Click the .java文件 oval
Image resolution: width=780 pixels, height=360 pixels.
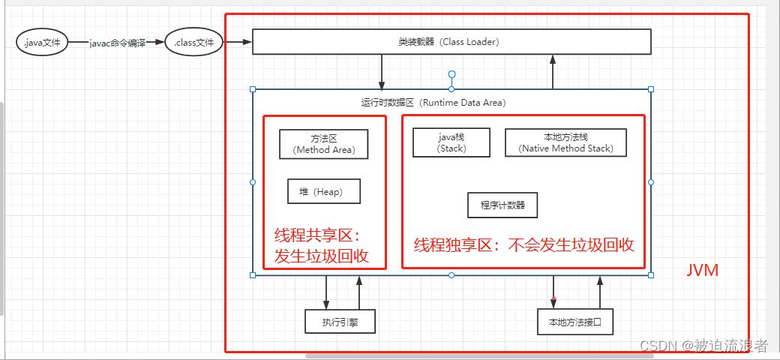tap(42, 43)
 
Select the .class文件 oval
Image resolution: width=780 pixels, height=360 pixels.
tap(193, 43)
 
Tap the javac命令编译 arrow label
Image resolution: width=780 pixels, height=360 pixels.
tap(117, 43)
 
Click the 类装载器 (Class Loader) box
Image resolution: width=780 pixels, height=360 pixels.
tap(451, 42)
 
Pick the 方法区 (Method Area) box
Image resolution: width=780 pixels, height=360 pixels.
tap(323, 143)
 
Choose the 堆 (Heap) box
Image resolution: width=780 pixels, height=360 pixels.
tap(324, 191)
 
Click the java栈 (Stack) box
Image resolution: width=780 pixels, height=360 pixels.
tap(451, 142)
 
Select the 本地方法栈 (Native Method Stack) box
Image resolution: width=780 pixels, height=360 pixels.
tap(565, 142)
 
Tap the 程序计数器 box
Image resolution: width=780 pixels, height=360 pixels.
tap(502, 205)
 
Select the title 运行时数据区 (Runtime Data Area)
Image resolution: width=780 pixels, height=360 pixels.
tap(433, 102)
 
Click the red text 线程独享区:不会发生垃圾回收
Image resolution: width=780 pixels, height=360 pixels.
tap(524, 244)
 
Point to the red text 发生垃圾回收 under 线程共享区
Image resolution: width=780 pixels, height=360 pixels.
tap(322, 255)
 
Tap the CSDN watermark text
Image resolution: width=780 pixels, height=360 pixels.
tap(703, 345)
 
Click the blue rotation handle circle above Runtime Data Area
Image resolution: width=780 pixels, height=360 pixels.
tap(451, 74)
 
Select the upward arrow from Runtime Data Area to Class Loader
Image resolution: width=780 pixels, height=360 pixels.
tap(553, 71)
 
